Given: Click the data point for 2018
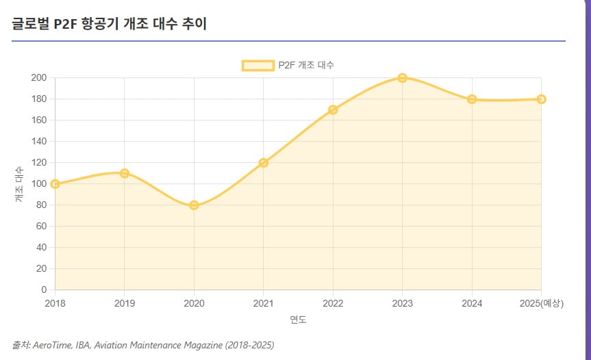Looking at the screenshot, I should point(55,183).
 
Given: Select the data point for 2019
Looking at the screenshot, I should point(125,173).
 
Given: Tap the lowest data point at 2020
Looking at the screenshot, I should point(194,205).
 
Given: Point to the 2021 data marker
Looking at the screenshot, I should point(264,162).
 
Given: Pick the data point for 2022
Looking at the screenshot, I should point(333,110).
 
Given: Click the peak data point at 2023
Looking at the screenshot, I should point(403,78).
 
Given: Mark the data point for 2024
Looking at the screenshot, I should point(472,99).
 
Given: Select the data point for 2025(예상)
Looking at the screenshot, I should point(541,99).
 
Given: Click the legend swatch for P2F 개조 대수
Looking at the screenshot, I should point(257,65).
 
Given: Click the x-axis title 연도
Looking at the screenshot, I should point(298,320).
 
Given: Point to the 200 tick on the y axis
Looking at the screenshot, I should point(38,78).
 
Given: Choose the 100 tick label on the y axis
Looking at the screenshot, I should point(38,183).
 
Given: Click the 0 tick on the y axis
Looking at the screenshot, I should point(43,290).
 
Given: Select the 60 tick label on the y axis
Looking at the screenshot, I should point(40,226).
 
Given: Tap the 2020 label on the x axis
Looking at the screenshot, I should point(194,303).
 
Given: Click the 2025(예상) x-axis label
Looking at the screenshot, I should point(540,303).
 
